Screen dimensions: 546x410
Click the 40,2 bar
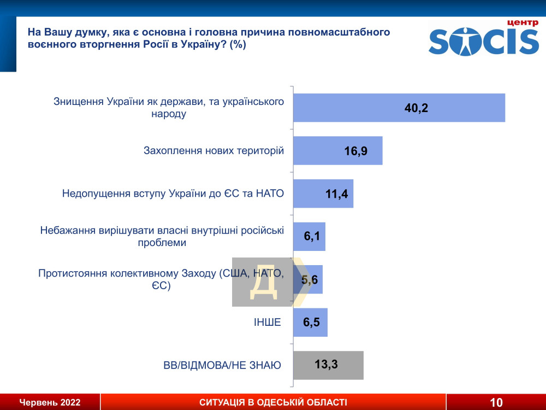399,108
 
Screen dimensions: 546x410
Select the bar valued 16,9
338,151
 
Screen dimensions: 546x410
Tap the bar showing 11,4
323,194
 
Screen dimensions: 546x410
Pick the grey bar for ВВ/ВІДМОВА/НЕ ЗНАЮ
328,365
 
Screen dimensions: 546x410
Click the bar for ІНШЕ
310,322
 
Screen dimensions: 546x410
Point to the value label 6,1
312,236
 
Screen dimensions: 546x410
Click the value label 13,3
327,364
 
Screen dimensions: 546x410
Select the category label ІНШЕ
267,322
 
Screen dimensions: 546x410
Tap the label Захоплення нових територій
214,151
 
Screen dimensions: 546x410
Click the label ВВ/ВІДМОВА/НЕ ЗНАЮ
222,365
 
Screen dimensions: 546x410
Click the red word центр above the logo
523,23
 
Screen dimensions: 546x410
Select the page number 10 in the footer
496,402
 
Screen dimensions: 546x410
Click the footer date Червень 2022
50,402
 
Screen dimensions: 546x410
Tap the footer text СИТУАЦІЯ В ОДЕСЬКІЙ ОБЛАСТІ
274,402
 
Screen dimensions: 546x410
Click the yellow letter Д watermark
264,283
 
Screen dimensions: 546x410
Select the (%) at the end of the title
238,45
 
